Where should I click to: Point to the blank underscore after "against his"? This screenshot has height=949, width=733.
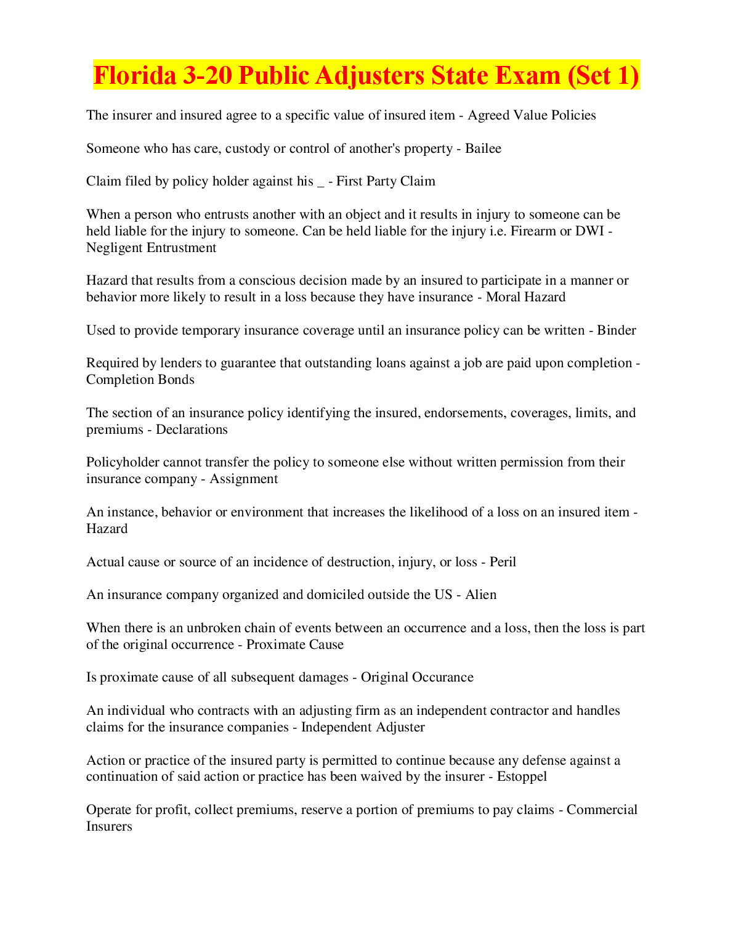point(320,184)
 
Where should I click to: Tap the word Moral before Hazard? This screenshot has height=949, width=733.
point(504,297)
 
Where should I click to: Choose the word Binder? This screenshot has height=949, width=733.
point(617,330)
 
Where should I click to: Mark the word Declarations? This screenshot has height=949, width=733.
point(192,430)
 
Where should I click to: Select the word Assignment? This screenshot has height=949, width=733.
point(243,479)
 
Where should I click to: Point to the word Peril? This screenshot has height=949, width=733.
point(503,562)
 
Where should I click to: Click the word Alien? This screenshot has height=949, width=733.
point(480,595)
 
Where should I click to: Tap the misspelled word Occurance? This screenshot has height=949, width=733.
point(443,677)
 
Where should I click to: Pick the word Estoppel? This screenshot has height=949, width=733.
point(522,776)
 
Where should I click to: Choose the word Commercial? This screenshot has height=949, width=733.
point(602,810)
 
